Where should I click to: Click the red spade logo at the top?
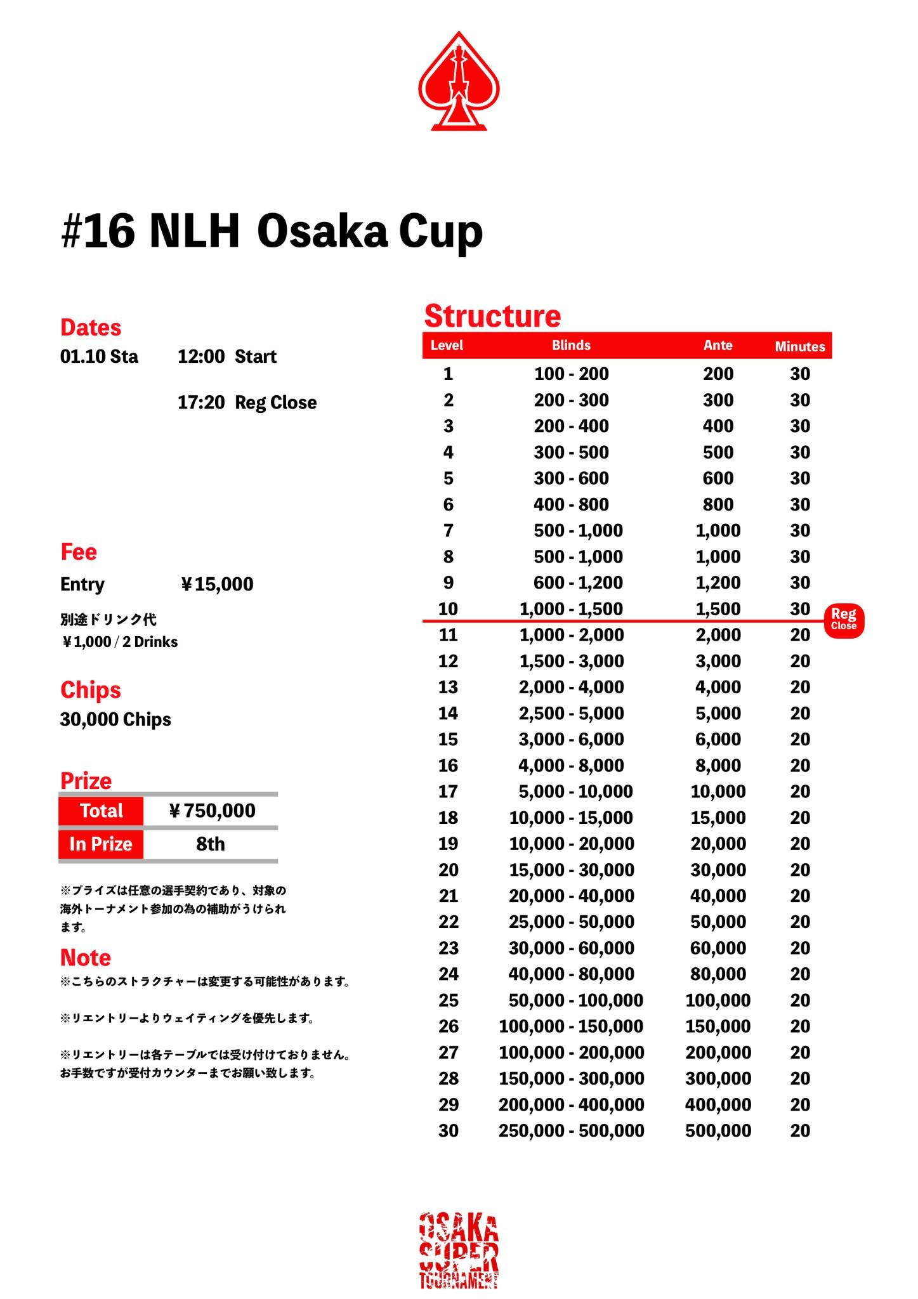click(459, 82)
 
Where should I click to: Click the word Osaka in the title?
click(322, 232)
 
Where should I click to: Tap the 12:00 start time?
click(200, 356)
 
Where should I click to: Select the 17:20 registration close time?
click(200, 403)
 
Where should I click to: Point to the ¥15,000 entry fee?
click(217, 584)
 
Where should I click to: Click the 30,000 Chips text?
click(115, 719)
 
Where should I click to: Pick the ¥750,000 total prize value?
click(212, 811)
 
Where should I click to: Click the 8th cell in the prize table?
click(210, 844)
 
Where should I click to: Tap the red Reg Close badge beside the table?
click(843, 619)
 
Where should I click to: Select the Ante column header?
click(718, 346)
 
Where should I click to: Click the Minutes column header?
click(799, 346)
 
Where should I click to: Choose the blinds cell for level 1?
click(571, 374)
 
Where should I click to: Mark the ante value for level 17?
click(718, 792)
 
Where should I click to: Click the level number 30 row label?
click(448, 1131)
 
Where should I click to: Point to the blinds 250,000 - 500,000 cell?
click(571, 1131)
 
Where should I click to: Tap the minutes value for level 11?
click(799, 635)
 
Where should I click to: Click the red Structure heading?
click(492, 316)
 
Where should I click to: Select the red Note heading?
click(86, 957)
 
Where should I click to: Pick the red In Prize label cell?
click(101, 844)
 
